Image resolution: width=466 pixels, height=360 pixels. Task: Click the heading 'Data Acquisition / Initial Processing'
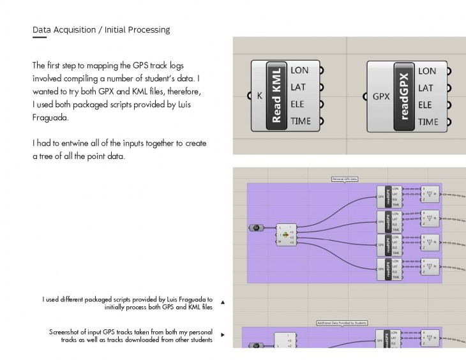[101, 30]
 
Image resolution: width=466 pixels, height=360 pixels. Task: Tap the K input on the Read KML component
[259, 96]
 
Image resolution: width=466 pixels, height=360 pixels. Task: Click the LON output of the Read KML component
[299, 71]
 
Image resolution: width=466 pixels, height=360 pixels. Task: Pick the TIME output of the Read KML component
[301, 121]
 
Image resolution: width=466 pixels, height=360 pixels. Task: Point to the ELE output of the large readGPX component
[427, 105]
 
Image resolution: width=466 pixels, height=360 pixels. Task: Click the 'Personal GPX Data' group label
[345, 179]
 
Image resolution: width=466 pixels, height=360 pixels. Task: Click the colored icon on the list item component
[285, 234]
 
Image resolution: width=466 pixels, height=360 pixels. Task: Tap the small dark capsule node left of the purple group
[256, 228]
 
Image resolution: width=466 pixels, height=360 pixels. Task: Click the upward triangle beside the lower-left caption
[223, 303]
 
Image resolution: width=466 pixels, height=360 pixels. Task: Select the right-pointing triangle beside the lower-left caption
[223, 334]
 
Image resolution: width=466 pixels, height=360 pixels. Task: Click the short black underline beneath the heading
[40, 38]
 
